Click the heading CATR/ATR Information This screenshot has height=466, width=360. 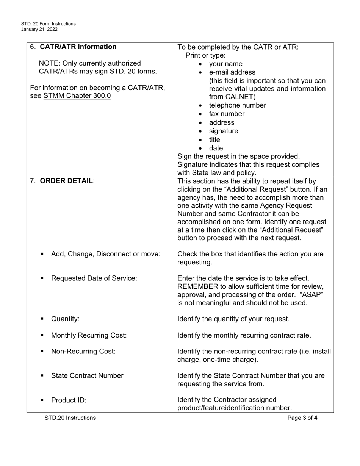point(78,47)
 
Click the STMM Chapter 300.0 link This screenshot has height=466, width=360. point(77,96)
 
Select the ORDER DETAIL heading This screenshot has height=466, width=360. point(66,181)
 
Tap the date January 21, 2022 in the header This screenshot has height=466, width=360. point(39,29)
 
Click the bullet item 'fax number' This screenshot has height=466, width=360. point(227,114)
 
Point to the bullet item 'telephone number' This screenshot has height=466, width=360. point(237,105)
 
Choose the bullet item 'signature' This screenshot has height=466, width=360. point(224,131)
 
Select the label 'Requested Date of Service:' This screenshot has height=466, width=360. point(94,278)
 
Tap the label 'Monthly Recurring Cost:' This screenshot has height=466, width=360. point(89,335)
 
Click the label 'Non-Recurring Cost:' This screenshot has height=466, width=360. point(83,352)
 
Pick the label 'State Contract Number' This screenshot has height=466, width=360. point(87,376)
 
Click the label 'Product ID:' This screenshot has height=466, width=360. point(69,400)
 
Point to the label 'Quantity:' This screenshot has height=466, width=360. point(65,319)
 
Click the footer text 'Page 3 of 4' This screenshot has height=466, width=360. point(302,418)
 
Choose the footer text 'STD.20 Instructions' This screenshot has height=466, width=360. point(70,418)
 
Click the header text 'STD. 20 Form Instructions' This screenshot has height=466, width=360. point(49,24)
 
